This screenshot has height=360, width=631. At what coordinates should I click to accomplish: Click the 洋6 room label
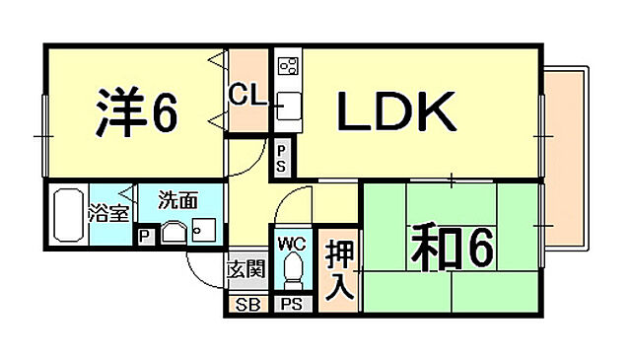point(137,113)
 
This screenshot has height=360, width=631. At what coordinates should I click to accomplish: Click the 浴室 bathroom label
point(106,212)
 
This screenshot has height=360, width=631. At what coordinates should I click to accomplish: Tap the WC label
point(292,243)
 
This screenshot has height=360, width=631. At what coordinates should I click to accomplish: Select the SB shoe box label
point(247,304)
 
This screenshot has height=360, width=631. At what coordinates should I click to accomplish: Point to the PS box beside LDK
point(282,158)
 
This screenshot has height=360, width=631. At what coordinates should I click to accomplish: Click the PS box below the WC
point(292,304)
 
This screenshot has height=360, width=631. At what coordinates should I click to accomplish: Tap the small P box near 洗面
point(146,236)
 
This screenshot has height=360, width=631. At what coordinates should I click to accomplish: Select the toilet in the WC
point(292,269)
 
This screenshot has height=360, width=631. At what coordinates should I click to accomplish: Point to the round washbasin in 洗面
point(175,233)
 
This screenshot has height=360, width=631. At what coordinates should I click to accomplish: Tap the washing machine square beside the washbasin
point(205,231)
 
